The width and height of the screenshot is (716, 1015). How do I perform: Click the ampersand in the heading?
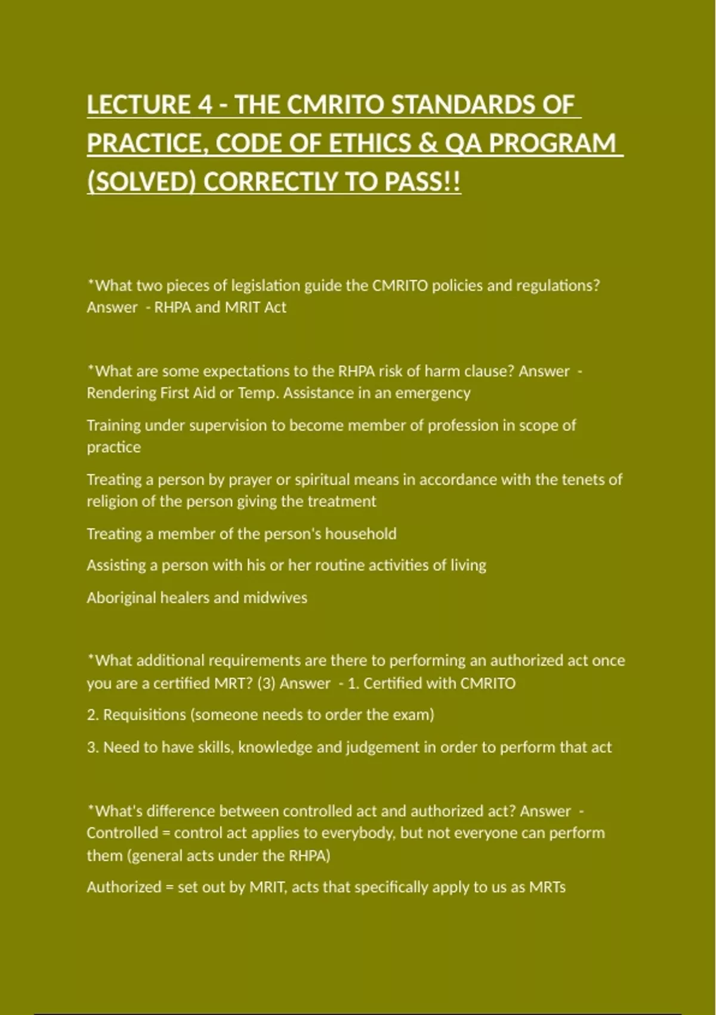427,143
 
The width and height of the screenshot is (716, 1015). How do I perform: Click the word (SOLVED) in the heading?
141,182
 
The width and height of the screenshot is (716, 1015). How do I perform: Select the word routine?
338,565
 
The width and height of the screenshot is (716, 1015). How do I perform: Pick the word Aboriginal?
121,598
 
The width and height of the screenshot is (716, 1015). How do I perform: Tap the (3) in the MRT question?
266,683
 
